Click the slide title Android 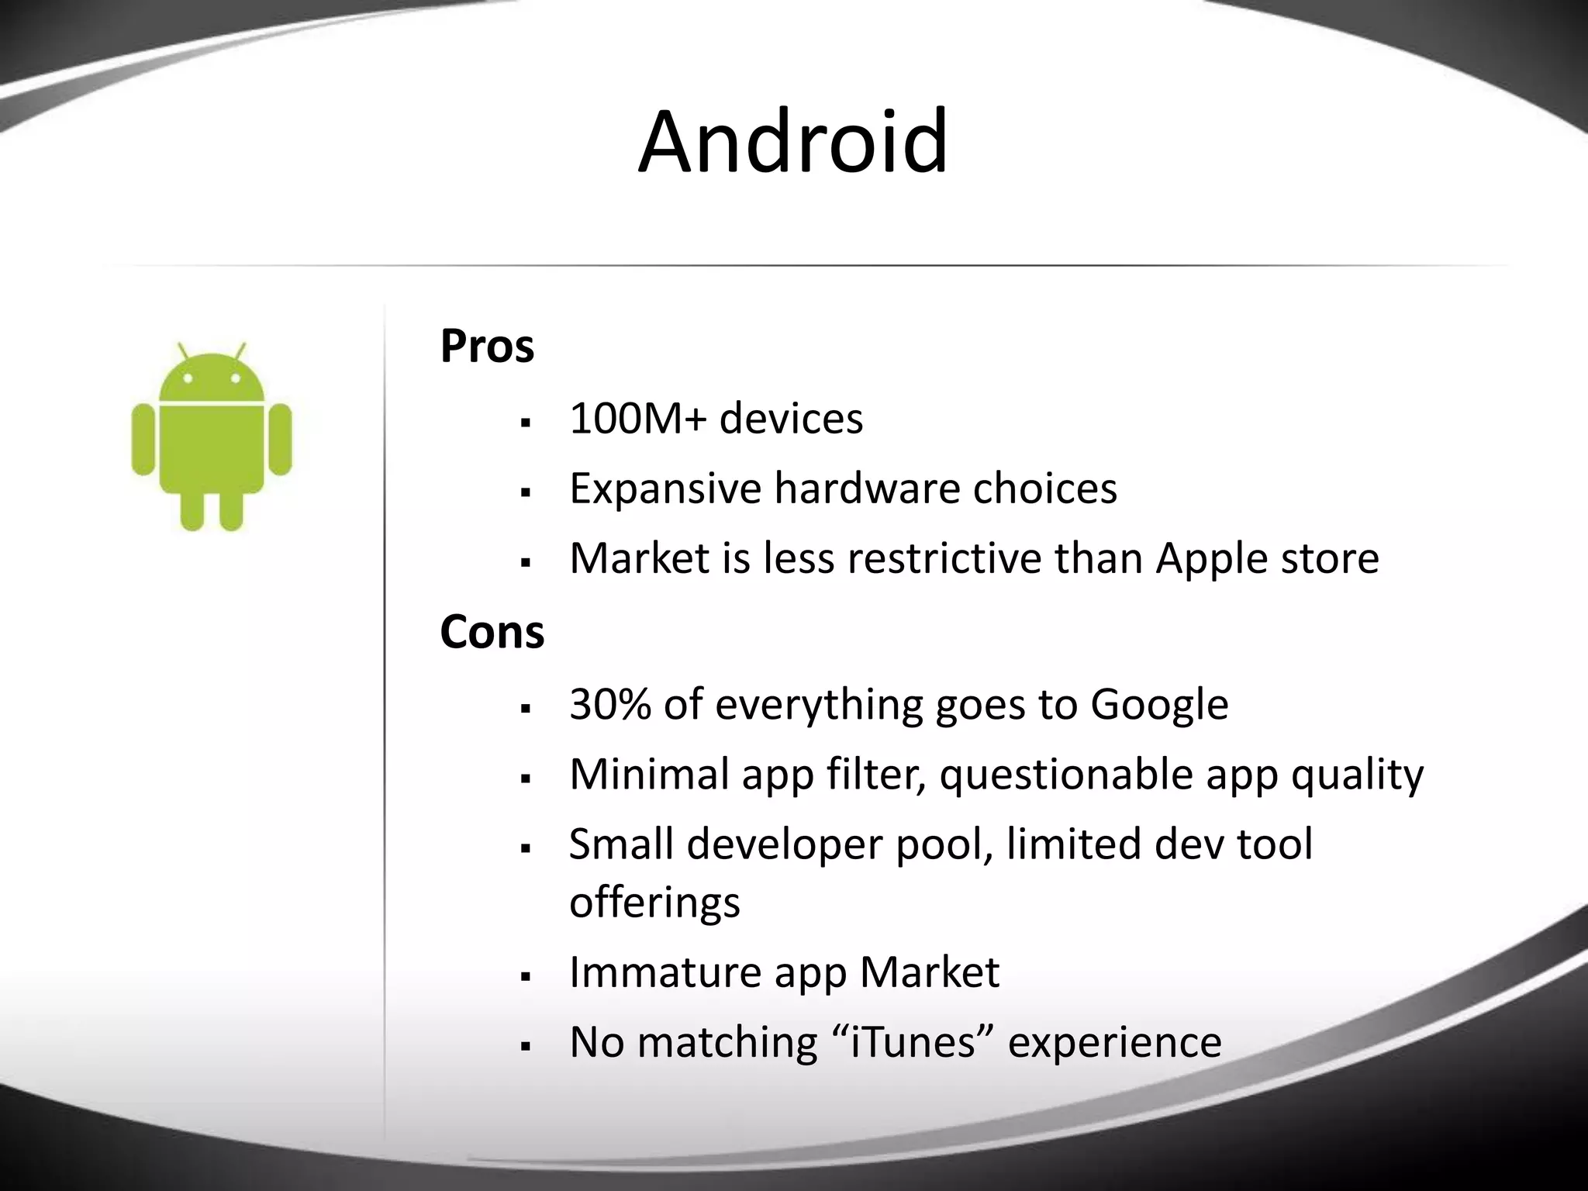coord(793,143)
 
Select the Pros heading coord(487,346)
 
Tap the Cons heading coord(492,632)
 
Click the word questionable coord(1065,775)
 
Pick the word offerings coord(654,903)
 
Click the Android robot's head coord(212,380)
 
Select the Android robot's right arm coord(279,439)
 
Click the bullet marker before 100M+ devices coord(526,423)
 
